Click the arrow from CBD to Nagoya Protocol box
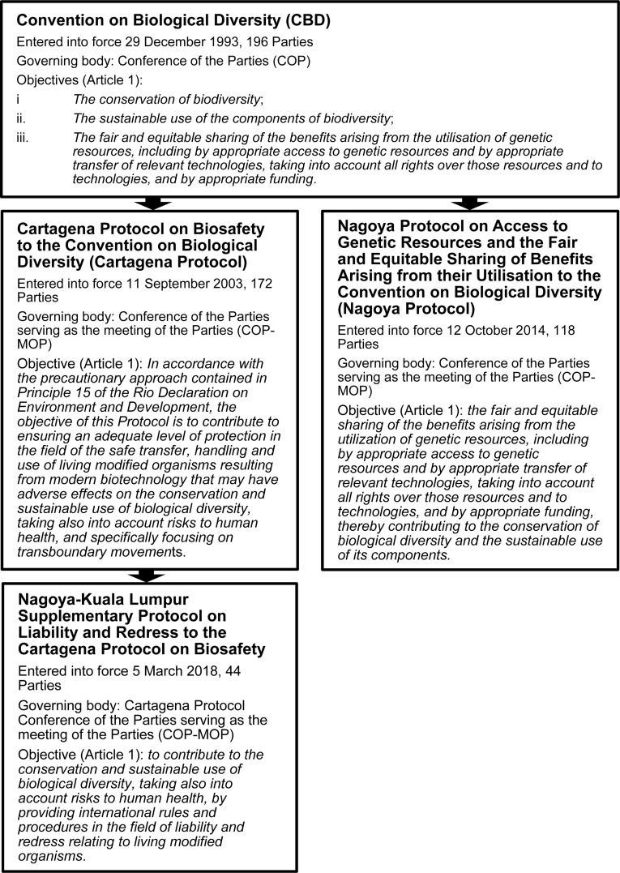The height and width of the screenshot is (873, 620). coord(468,203)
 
